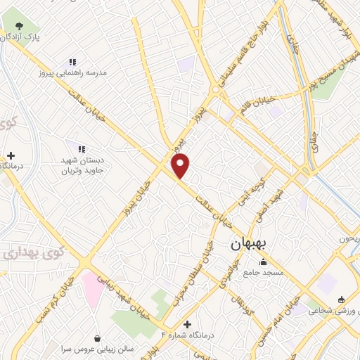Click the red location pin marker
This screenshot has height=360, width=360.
[x=181, y=166]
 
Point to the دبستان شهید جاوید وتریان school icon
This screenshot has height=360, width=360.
[x=82, y=149]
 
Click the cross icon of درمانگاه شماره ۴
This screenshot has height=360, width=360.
[x=186, y=324]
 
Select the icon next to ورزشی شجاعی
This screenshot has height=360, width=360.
[x=341, y=300]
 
